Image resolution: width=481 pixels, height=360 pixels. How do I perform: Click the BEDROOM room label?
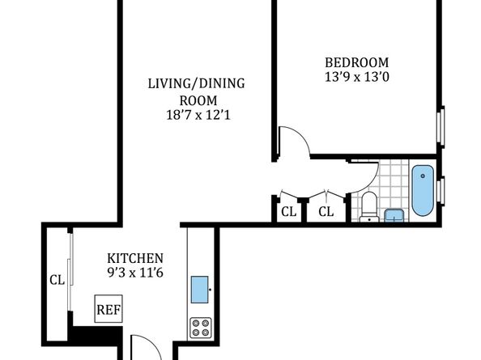(357, 62)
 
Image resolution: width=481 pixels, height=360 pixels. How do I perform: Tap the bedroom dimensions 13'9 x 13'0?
(357, 77)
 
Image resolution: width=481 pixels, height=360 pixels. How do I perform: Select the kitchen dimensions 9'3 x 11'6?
(135, 273)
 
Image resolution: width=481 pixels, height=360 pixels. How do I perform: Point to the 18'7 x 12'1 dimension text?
(198, 115)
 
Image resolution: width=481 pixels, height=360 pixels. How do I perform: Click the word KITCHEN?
(135, 258)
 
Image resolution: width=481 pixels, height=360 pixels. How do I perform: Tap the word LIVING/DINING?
(196, 83)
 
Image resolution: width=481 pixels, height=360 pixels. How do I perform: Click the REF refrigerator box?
(109, 309)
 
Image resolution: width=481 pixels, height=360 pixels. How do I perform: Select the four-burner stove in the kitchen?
(201, 328)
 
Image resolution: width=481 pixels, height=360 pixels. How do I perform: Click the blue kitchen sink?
(200, 290)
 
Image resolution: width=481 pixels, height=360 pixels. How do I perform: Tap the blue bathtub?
(423, 190)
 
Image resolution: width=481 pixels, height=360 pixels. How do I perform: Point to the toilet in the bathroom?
(369, 206)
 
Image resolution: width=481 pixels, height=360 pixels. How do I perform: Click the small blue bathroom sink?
(394, 215)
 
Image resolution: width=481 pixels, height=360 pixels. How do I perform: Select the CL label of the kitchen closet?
(57, 280)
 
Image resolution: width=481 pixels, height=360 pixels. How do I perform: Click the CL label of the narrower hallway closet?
(289, 211)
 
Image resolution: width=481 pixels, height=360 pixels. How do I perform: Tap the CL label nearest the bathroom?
(326, 211)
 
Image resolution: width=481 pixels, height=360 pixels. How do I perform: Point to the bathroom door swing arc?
(372, 182)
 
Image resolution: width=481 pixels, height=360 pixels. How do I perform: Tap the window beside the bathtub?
(441, 191)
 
